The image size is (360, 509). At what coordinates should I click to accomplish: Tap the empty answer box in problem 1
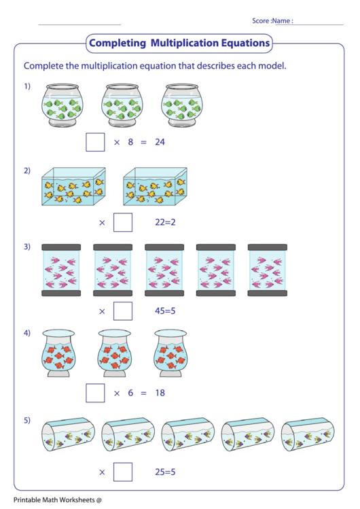[96, 142]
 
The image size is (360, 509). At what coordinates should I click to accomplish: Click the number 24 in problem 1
[160, 142]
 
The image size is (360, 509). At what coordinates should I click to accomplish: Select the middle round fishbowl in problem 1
[122, 106]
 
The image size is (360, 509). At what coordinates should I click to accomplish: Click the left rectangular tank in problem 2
[73, 187]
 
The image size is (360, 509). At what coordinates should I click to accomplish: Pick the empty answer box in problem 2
[123, 222]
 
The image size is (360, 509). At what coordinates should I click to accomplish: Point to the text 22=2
[166, 222]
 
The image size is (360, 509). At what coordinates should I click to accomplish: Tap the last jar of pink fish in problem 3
[267, 270]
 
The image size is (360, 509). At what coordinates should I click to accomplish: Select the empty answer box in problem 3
[123, 311]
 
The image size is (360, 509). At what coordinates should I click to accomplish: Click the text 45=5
[166, 311]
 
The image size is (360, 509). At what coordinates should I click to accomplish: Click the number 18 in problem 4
[160, 393]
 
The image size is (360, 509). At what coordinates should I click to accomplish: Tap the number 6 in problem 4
[130, 393]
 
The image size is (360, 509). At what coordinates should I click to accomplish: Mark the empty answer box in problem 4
[96, 393]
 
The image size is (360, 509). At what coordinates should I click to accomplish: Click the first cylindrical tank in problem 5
[68, 435]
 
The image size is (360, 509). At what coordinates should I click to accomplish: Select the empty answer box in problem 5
[123, 472]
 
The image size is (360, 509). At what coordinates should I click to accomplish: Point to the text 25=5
[166, 472]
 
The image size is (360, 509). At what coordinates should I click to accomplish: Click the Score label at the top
[260, 21]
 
